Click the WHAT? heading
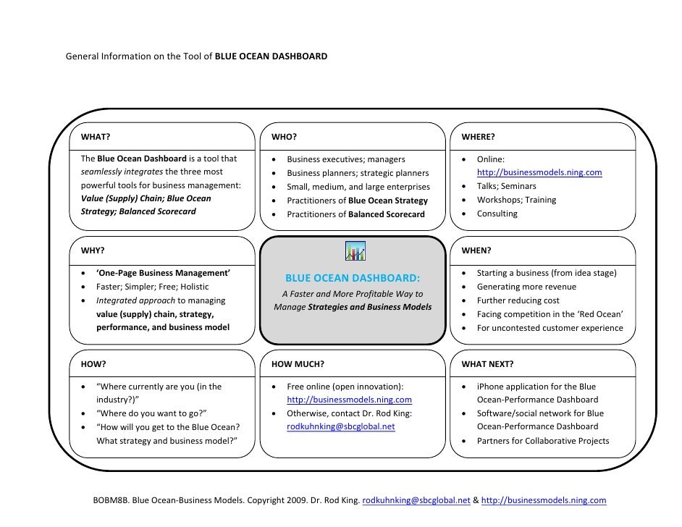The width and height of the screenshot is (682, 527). [96, 137]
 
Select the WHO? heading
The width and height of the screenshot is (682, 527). [285, 137]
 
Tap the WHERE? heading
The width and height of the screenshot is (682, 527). [478, 137]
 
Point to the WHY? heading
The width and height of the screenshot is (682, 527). [93, 250]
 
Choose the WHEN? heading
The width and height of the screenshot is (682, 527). [476, 250]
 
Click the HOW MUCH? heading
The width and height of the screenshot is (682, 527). [298, 364]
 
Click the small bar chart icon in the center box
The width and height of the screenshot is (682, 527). [355, 250]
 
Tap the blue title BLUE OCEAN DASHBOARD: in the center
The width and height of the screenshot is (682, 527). [353, 279]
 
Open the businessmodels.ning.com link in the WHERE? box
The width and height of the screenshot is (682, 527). [539, 173]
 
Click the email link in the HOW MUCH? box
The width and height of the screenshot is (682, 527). [341, 427]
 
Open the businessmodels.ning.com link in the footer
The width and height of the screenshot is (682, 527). [544, 501]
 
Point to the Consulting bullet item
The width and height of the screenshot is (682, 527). [497, 214]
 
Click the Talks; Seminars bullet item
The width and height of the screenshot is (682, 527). [507, 187]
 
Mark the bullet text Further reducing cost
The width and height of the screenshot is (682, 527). [518, 300]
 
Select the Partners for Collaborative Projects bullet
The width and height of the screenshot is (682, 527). [542, 441]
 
